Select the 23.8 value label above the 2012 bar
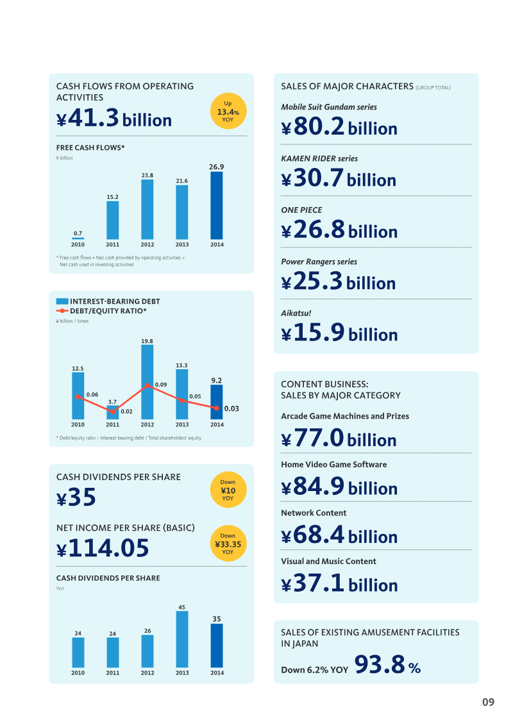tap(147, 174)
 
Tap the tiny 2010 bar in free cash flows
tap(78, 238)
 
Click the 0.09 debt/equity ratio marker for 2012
tap(147, 385)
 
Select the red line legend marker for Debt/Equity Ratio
tap(62, 311)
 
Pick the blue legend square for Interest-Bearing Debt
tap(62, 301)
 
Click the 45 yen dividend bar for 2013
tap(182, 639)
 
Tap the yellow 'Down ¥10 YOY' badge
tap(228, 490)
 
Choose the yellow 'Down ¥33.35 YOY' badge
tap(228, 544)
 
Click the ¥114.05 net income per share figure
tap(103, 548)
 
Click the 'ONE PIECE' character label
tap(301, 210)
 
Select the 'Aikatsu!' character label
tap(296, 313)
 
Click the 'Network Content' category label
tap(314, 513)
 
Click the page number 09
tap(488, 702)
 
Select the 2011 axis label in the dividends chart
tap(113, 673)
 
